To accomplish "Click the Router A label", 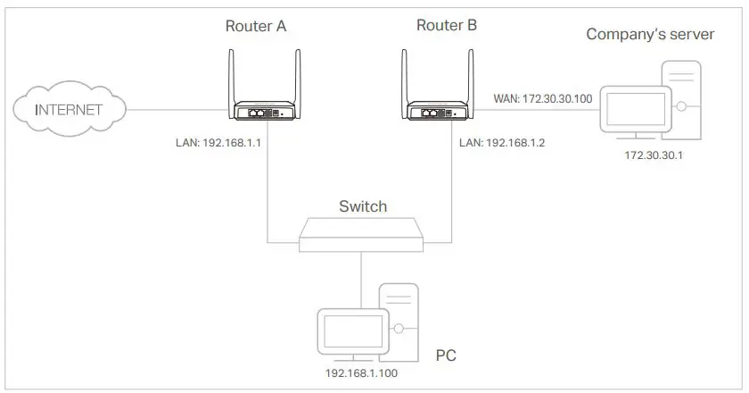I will pyautogui.click(x=256, y=26).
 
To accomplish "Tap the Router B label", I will pyautogui.click(x=446, y=25).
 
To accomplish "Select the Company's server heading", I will pyautogui.click(x=650, y=35).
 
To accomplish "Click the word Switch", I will pyautogui.click(x=363, y=206).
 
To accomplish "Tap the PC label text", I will pyautogui.click(x=447, y=356).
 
